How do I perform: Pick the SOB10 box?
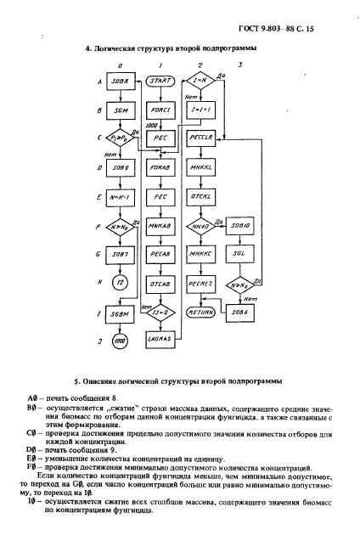[240, 225]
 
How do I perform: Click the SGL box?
[240, 254]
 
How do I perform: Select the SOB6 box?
[240, 312]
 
